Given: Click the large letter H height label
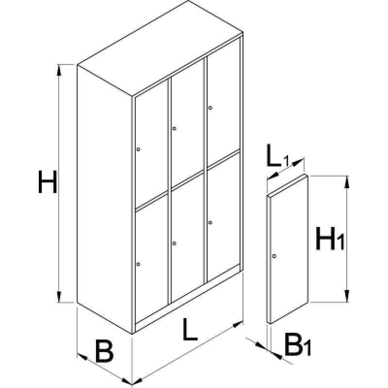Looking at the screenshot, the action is coord(48,181).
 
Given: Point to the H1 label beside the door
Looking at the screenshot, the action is coord(330,238).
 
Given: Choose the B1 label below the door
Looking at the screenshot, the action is coord(298,344).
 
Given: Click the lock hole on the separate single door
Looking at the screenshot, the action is coord(274,256).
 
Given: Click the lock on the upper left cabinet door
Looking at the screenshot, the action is coord(138,149).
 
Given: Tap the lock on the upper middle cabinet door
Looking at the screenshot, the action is coord(174,129).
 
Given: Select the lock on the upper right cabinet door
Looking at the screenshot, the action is coord(210,108).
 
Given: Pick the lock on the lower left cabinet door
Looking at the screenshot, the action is coord(138,264).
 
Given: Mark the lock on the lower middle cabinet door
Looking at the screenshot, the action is coord(174,243).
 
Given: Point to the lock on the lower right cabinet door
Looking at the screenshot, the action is coord(210,223).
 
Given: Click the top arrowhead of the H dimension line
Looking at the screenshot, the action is coord(59,70).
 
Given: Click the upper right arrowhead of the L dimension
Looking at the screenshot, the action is coord(238,324).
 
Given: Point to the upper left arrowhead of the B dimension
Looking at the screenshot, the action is coord(82,356).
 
